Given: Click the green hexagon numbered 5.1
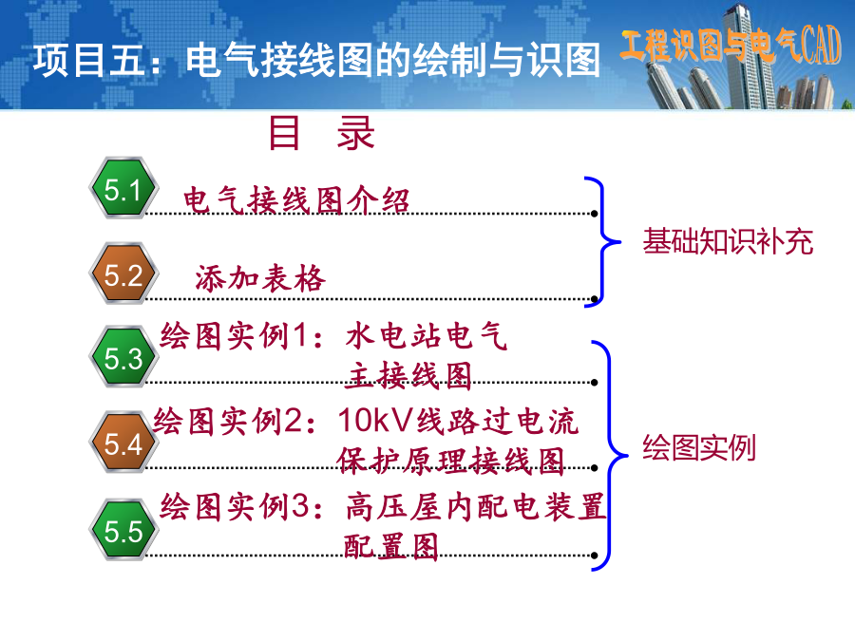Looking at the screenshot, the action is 123,188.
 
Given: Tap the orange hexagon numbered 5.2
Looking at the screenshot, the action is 123,273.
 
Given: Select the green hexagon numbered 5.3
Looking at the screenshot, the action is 123,357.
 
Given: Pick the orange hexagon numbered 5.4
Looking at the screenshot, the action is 123,442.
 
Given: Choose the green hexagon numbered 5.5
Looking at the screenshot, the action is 123,530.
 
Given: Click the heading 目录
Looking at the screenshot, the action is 322,133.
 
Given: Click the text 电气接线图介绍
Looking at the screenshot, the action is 296,200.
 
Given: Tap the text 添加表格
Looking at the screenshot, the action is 260,278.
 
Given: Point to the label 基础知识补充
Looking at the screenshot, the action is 728,241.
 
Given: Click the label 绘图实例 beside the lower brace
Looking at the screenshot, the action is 699,447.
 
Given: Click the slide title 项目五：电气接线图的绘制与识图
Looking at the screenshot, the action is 316,60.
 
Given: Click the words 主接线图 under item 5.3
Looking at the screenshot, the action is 408,375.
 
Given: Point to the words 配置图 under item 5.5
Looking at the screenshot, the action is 391,546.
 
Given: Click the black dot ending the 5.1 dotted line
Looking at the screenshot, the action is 595,214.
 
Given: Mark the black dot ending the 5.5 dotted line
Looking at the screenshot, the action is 595,556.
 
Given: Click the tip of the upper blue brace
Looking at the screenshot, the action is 620,241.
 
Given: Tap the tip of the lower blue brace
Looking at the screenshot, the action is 628,455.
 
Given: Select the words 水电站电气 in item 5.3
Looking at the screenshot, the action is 427,335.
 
